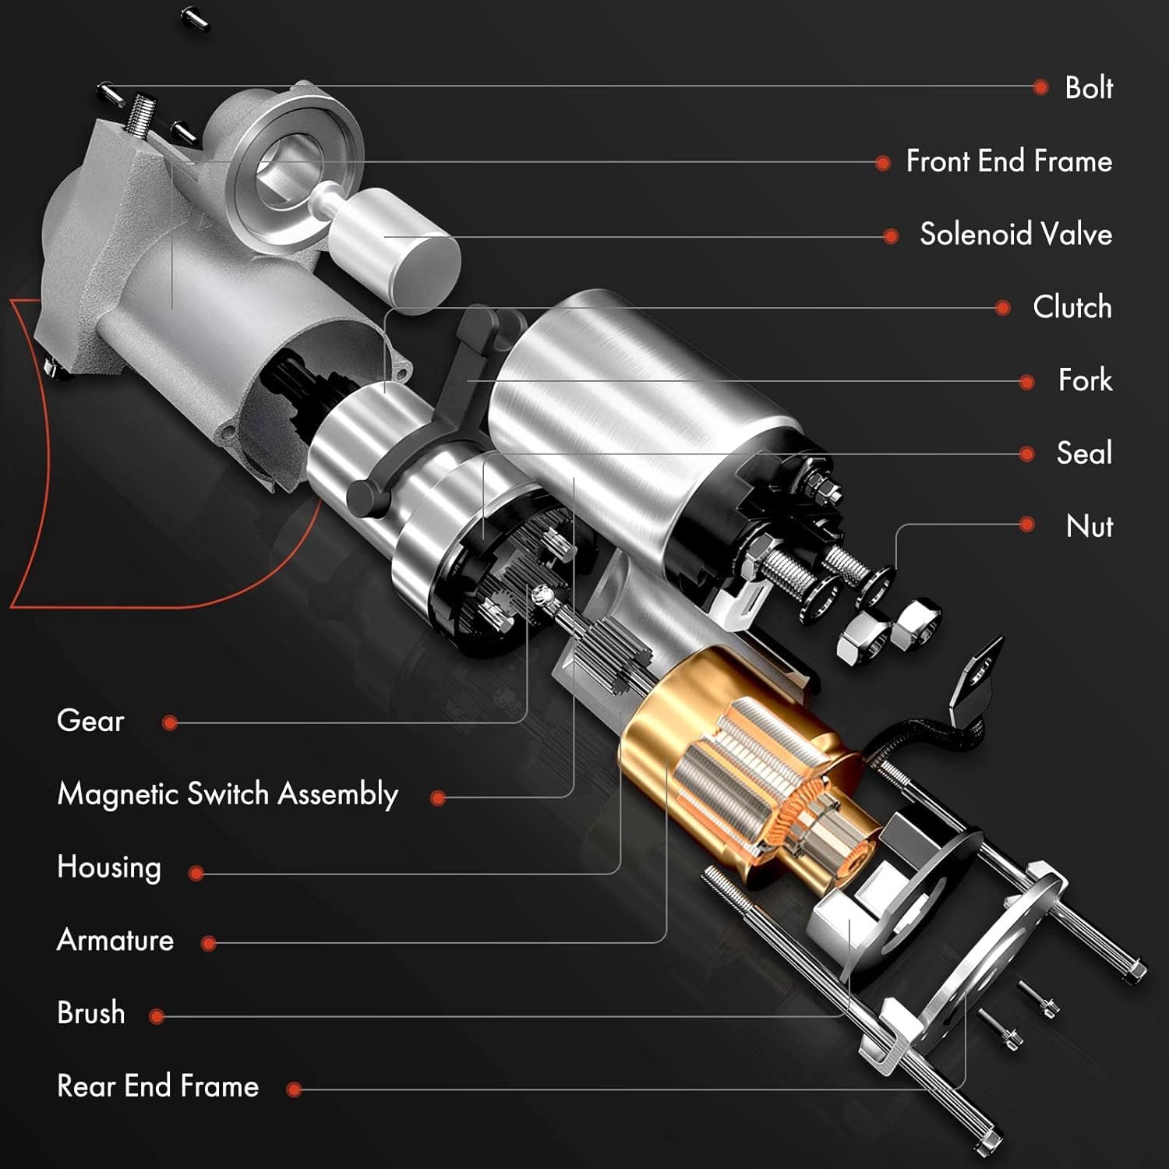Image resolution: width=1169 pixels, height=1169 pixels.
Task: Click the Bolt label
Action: click(1088, 88)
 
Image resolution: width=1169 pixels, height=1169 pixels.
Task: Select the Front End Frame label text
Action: click(1008, 161)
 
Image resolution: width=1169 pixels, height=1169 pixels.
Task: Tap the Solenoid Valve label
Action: click(1015, 235)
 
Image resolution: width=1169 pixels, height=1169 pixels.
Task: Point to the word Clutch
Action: click(1072, 307)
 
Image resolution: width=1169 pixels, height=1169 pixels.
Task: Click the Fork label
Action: click(1085, 380)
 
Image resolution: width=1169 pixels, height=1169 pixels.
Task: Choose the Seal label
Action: click(1084, 453)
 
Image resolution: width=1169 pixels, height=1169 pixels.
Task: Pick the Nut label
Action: click(1089, 526)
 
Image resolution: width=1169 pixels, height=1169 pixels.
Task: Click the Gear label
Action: click(90, 721)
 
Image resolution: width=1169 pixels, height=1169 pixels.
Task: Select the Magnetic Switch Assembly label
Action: click(228, 794)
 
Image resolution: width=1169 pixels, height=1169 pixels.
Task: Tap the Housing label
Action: click(109, 867)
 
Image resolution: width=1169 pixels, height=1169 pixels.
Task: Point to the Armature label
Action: click(115, 941)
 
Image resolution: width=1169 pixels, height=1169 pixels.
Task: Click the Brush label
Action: click(91, 1013)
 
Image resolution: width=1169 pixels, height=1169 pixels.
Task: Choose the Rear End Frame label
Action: click(158, 1086)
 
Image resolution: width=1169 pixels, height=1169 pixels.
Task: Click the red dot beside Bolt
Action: click(1040, 87)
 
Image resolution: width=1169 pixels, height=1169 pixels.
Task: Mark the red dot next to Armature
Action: click(208, 944)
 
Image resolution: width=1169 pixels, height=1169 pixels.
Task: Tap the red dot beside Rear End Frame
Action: click(294, 1090)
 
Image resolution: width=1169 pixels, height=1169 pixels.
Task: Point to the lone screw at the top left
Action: click(195, 17)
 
